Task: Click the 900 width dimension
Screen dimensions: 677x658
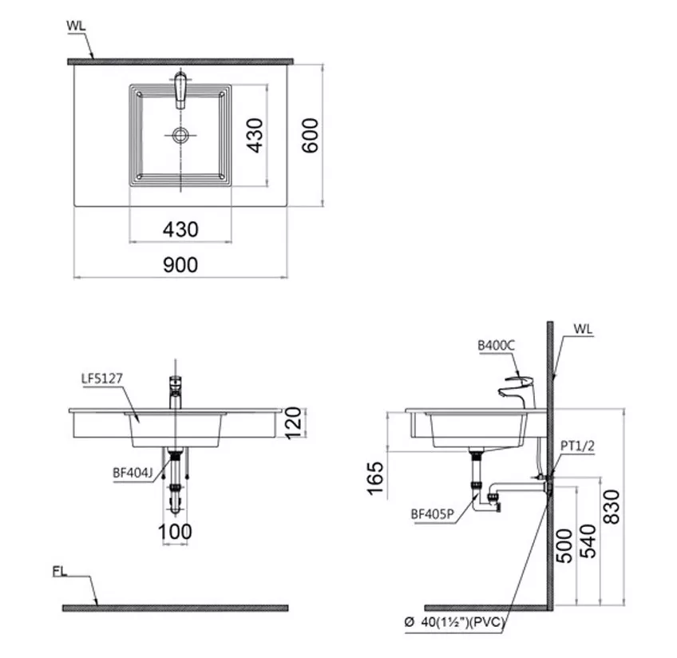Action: (x=180, y=264)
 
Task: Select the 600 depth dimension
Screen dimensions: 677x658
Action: (x=310, y=136)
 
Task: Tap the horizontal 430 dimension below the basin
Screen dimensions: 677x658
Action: (x=180, y=229)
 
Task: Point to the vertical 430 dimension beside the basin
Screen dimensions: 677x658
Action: (x=255, y=136)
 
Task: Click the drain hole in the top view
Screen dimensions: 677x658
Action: (x=180, y=135)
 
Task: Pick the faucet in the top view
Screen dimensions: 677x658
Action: (x=180, y=90)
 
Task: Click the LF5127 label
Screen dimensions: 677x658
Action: (x=102, y=379)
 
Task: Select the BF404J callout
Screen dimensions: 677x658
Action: (x=133, y=473)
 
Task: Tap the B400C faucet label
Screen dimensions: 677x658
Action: (x=496, y=346)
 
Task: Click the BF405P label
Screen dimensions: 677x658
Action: (x=432, y=514)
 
